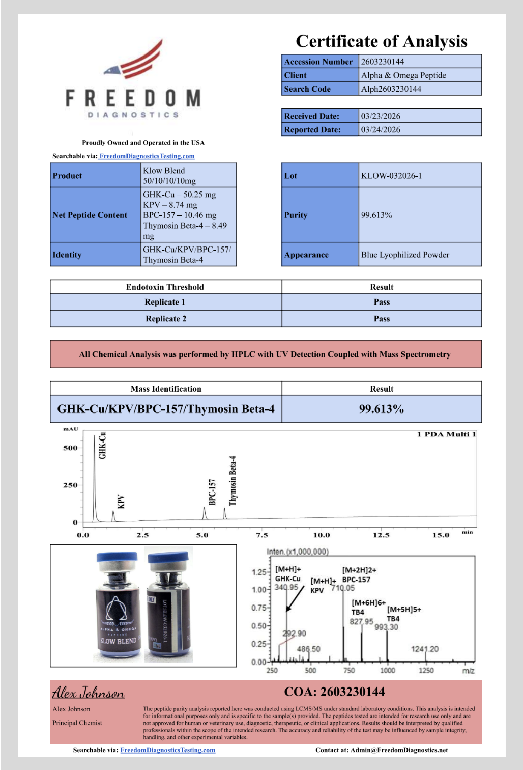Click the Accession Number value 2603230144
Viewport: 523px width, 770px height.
tap(383, 62)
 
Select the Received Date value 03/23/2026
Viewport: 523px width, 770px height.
tap(381, 116)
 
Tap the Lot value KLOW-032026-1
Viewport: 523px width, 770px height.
tap(391, 176)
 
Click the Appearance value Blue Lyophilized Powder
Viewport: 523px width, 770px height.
tap(405, 255)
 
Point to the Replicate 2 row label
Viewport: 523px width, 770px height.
tap(166, 319)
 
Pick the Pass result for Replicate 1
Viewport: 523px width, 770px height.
tap(382, 302)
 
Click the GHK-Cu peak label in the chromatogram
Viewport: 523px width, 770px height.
tap(102, 446)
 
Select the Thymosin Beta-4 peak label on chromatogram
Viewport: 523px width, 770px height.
tap(233, 481)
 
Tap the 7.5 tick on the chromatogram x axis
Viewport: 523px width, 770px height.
tap(261, 535)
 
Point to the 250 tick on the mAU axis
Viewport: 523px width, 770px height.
tap(70, 485)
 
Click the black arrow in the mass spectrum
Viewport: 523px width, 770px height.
tap(295, 599)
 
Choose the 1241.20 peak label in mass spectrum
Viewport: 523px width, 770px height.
tap(424, 649)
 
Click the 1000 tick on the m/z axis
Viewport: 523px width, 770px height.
tap(388, 670)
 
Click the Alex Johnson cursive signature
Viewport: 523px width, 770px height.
tap(89, 693)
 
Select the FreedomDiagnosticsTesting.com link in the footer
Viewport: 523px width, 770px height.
tap(167, 750)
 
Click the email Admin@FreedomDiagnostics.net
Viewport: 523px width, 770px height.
tap(399, 750)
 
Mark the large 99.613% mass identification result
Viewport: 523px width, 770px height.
tap(382, 409)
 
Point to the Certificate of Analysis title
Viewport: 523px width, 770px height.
tap(382, 41)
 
